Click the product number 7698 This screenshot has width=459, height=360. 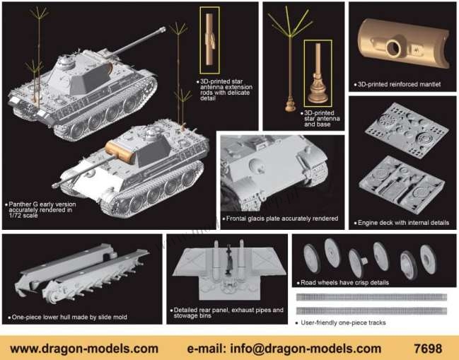point(428,349)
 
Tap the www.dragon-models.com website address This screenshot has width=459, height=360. point(84,349)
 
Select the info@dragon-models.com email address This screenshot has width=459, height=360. point(306,349)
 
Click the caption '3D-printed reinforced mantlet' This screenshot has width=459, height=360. point(399,84)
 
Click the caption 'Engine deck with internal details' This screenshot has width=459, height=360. point(403,223)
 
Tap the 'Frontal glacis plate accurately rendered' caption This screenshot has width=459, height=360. point(282,219)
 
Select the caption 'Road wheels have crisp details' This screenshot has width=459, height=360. point(344,282)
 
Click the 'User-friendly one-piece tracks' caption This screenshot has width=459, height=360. point(343,323)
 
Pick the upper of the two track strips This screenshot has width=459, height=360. point(371,297)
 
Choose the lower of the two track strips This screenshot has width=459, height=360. point(371,310)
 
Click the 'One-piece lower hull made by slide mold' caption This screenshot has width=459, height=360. point(69,317)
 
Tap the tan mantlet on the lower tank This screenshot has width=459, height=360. point(120,151)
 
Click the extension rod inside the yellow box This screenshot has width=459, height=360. point(209,39)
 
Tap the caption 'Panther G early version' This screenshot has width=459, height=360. point(42,204)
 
